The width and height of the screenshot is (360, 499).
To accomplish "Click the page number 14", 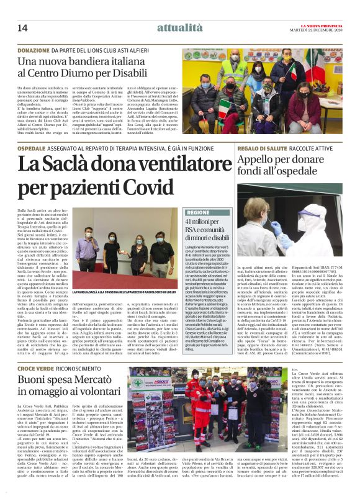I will pyautogui.click(x=22, y=27).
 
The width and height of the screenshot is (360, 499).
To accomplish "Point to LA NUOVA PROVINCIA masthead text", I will pyautogui.click(x=323, y=24).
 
